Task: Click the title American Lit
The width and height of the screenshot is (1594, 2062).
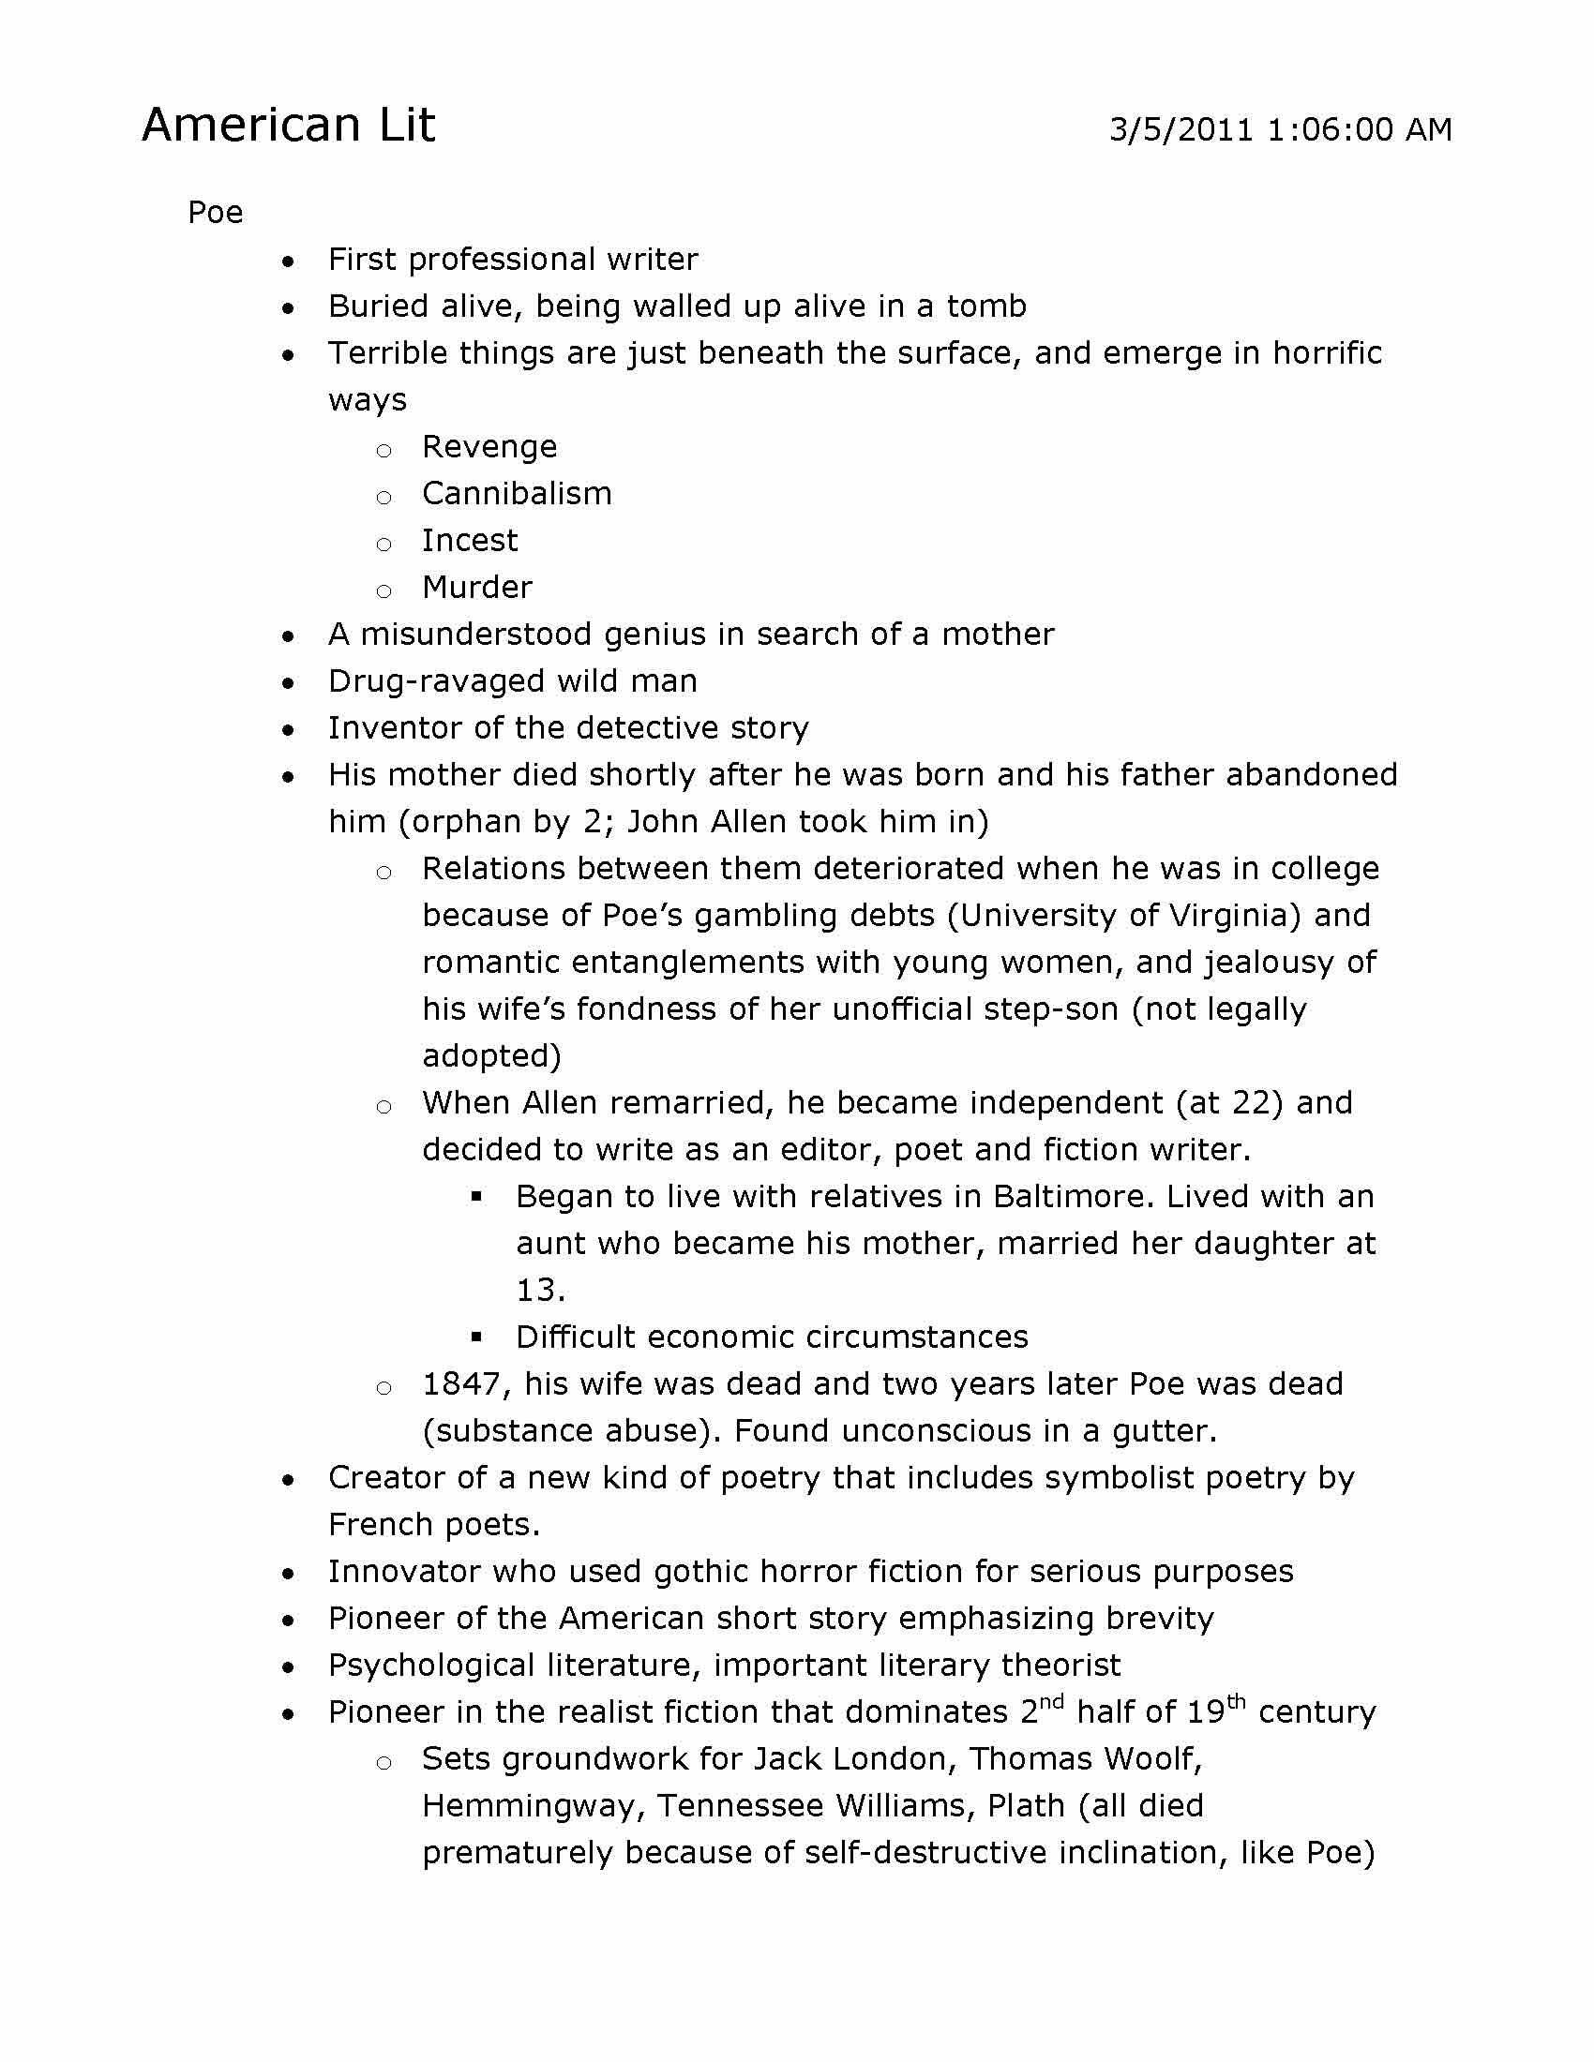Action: tap(288, 125)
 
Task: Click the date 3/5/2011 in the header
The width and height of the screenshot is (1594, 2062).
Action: tap(1180, 129)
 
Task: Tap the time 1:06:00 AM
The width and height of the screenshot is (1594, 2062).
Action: tap(1359, 129)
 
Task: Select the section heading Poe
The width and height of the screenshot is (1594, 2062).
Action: tap(216, 213)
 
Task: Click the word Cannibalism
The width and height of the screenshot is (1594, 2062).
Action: tap(517, 494)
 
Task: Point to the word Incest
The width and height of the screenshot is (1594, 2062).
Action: tap(470, 541)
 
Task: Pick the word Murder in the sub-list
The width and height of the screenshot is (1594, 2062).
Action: tap(477, 588)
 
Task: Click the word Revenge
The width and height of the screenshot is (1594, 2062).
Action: tap(489, 446)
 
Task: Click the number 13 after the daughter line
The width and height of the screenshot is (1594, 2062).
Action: tap(538, 1290)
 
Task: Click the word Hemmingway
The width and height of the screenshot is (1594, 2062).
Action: tap(534, 1806)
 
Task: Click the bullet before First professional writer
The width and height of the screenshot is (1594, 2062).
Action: tap(289, 261)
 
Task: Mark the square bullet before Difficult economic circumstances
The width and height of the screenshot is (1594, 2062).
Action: tap(477, 1337)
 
